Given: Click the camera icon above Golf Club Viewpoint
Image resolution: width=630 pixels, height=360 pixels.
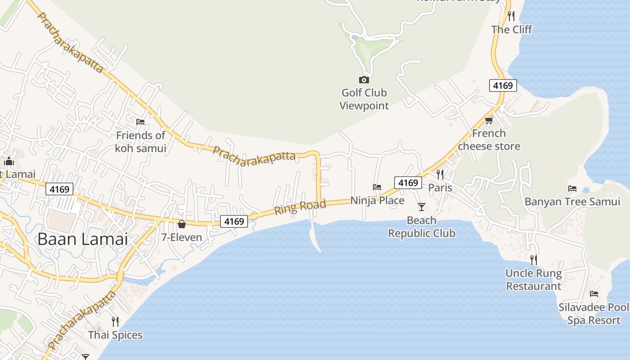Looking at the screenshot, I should click(x=364, y=80).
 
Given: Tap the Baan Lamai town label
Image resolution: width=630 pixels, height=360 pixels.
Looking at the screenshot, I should click(x=82, y=239).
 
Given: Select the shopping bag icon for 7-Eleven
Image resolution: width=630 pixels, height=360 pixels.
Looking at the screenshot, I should click(x=182, y=224).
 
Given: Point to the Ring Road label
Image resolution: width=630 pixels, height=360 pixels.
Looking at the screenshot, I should click(x=300, y=207).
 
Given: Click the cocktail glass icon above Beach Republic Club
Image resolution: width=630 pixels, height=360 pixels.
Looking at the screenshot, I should click(x=422, y=207).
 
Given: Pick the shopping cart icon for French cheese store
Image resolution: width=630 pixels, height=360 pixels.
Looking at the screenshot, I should click(x=489, y=120).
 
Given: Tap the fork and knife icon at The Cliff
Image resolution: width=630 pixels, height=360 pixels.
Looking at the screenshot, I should click(x=511, y=16).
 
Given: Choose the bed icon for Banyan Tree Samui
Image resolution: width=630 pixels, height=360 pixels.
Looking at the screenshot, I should click(x=572, y=188).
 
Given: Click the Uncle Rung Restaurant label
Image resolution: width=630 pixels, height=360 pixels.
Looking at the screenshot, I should click(x=534, y=279).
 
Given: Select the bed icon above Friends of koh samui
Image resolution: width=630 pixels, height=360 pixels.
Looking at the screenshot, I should click(x=140, y=121).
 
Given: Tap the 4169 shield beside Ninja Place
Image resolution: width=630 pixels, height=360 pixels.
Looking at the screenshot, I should click(x=408, y=183).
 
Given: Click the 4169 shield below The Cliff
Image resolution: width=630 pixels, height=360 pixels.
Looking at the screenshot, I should click(x=503, y=85).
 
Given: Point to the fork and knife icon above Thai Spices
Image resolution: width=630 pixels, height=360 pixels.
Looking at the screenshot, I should click(x=115, y=321).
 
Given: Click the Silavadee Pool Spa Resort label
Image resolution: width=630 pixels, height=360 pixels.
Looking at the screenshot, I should click(x=594, y=314).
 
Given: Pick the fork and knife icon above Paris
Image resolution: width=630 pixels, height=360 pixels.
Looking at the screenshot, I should click(x=440, y=174).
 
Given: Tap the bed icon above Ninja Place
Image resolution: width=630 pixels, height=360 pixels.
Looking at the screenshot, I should click(x=377, y=187).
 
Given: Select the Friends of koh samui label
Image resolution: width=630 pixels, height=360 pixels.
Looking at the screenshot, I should click(x=140, y=141).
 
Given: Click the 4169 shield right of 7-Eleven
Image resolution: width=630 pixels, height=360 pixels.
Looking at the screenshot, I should click(x=234, y=221).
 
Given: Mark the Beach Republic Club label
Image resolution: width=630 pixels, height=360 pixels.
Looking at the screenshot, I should click(x=422, y=227).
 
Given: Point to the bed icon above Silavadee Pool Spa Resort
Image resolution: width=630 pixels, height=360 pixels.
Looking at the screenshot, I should click(x=594, y=294).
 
